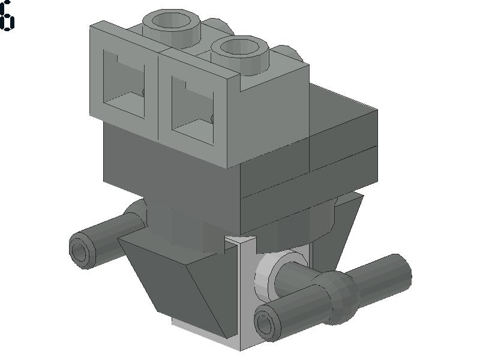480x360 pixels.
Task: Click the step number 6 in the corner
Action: coord(7,16)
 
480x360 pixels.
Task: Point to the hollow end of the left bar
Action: coord(80,252)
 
